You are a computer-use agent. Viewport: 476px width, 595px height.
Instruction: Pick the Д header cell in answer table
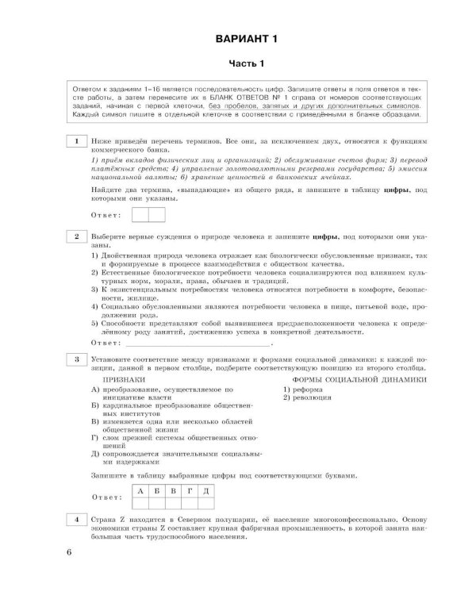205,492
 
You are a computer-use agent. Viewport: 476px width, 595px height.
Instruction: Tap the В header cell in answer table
173,492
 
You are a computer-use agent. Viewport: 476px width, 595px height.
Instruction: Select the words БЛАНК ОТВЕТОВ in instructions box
255,104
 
